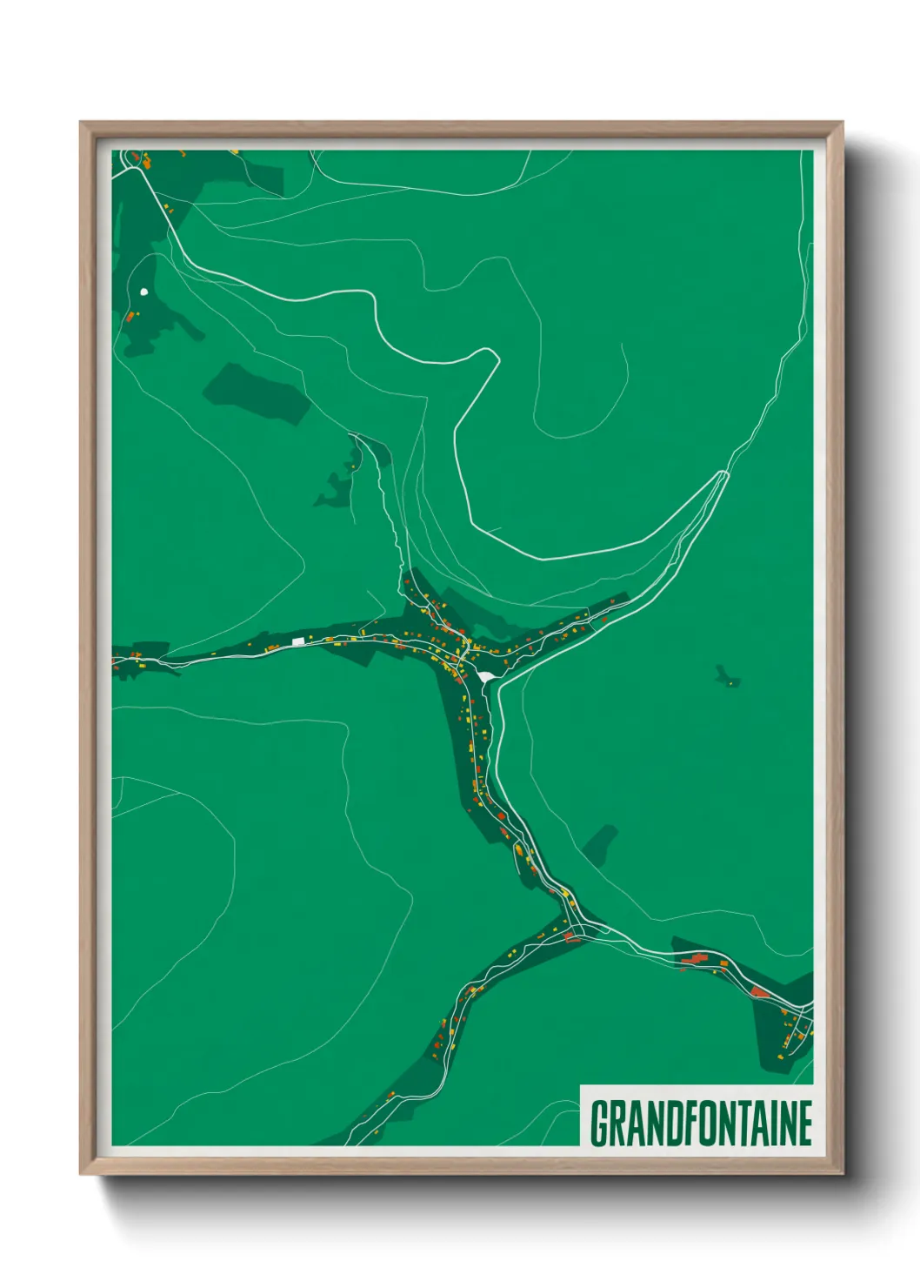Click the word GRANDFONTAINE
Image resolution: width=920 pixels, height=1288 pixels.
click(x=701, y=1124)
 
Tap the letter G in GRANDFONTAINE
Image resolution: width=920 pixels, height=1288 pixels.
click(x=599, y=1124)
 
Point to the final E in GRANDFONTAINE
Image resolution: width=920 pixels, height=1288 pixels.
click(x=804, y=1124)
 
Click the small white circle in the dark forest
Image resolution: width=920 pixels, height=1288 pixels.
click(x=143, y=292)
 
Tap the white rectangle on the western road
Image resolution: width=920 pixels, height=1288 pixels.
click(x=298, y=641)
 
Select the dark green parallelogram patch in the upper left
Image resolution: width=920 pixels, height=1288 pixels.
click(x=257, y=393)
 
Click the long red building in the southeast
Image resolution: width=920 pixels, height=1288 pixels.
click(x=693, y=959)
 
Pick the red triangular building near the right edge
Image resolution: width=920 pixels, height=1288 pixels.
click(x=760, y=991)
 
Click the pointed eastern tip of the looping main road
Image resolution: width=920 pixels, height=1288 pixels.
click(x=725, y=473)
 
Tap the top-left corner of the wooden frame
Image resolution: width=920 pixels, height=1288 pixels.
click(x=81, y=123)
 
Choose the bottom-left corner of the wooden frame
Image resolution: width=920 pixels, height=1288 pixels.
click(x=81, y=1173)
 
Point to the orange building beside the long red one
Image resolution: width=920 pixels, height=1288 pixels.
click(x=722, y=963)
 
